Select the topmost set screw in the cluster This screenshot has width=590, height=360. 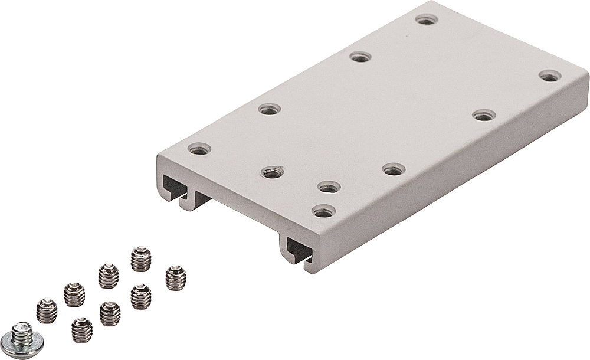click(140, 258)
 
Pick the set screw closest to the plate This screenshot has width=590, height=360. click(175, 278)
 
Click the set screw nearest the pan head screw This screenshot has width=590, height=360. click(47, 311)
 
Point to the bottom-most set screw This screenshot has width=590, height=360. click(82, 330)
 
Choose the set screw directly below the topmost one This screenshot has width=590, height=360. click(140, 296)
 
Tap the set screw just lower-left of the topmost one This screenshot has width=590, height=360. click(109, 276)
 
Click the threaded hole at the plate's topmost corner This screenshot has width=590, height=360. click(426, 19)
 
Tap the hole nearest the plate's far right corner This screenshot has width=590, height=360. click(550, 76)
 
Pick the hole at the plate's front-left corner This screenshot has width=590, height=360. click(199, 149)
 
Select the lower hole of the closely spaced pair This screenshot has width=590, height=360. click(323, 211)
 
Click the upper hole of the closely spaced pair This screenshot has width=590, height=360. click(329, 187)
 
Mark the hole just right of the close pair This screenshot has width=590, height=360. click(394, 169)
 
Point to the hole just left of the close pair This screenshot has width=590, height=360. click(273, 172)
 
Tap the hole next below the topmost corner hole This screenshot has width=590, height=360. click(360, 57)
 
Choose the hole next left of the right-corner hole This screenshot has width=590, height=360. click(484, 115)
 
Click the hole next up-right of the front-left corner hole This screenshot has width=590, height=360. click(270, 109)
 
